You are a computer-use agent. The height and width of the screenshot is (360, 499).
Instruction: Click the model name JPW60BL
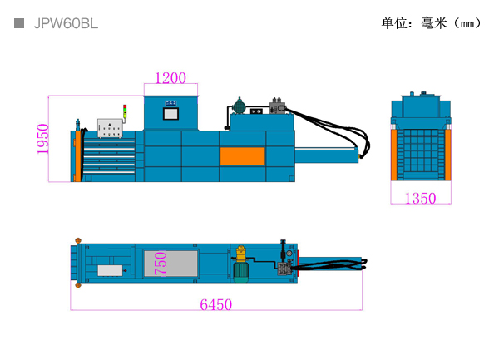[x=66, y=23]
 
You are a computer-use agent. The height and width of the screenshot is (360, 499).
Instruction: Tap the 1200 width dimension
[x=170, y=78]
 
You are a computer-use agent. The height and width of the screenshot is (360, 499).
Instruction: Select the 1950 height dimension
[x=44, y=139]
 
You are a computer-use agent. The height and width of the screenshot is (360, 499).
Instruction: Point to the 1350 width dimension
[x=420, y=198]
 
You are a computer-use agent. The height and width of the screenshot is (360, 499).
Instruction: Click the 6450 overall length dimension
[x=216, y=304]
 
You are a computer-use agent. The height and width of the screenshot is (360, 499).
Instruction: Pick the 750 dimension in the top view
[x=161, y=264]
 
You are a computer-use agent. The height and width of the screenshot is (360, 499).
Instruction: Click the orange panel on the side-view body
[x=242, y=156]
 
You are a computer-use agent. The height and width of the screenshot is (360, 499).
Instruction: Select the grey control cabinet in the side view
[x=110, y=128]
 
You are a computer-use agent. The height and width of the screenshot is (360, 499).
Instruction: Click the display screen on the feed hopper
[x=170, y=111]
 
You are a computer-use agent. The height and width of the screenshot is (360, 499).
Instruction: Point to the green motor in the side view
[x=240, y=106]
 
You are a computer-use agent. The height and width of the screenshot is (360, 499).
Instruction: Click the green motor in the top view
[x=241, y=264]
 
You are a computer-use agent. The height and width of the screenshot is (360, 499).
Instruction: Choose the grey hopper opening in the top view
[x=170, y=264]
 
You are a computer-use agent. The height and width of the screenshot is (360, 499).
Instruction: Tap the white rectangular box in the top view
[x=109, y=270]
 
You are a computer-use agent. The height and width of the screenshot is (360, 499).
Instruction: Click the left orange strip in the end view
[x=394, y=154]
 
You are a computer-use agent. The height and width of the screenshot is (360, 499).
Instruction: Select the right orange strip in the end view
[x=447, y=154]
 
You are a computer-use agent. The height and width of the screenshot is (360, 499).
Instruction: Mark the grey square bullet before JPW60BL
[x=19, y=23]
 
